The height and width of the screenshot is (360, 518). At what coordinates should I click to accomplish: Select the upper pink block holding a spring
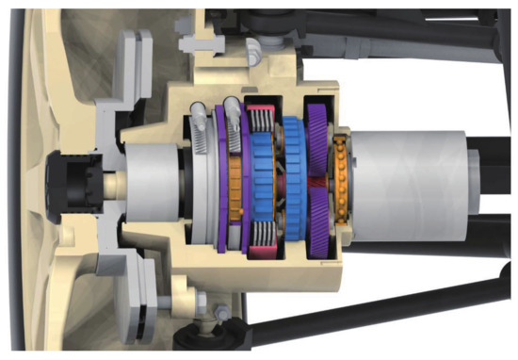click(x=259, y=117)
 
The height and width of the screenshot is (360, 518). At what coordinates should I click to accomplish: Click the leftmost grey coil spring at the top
click(x=198, y=118)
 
